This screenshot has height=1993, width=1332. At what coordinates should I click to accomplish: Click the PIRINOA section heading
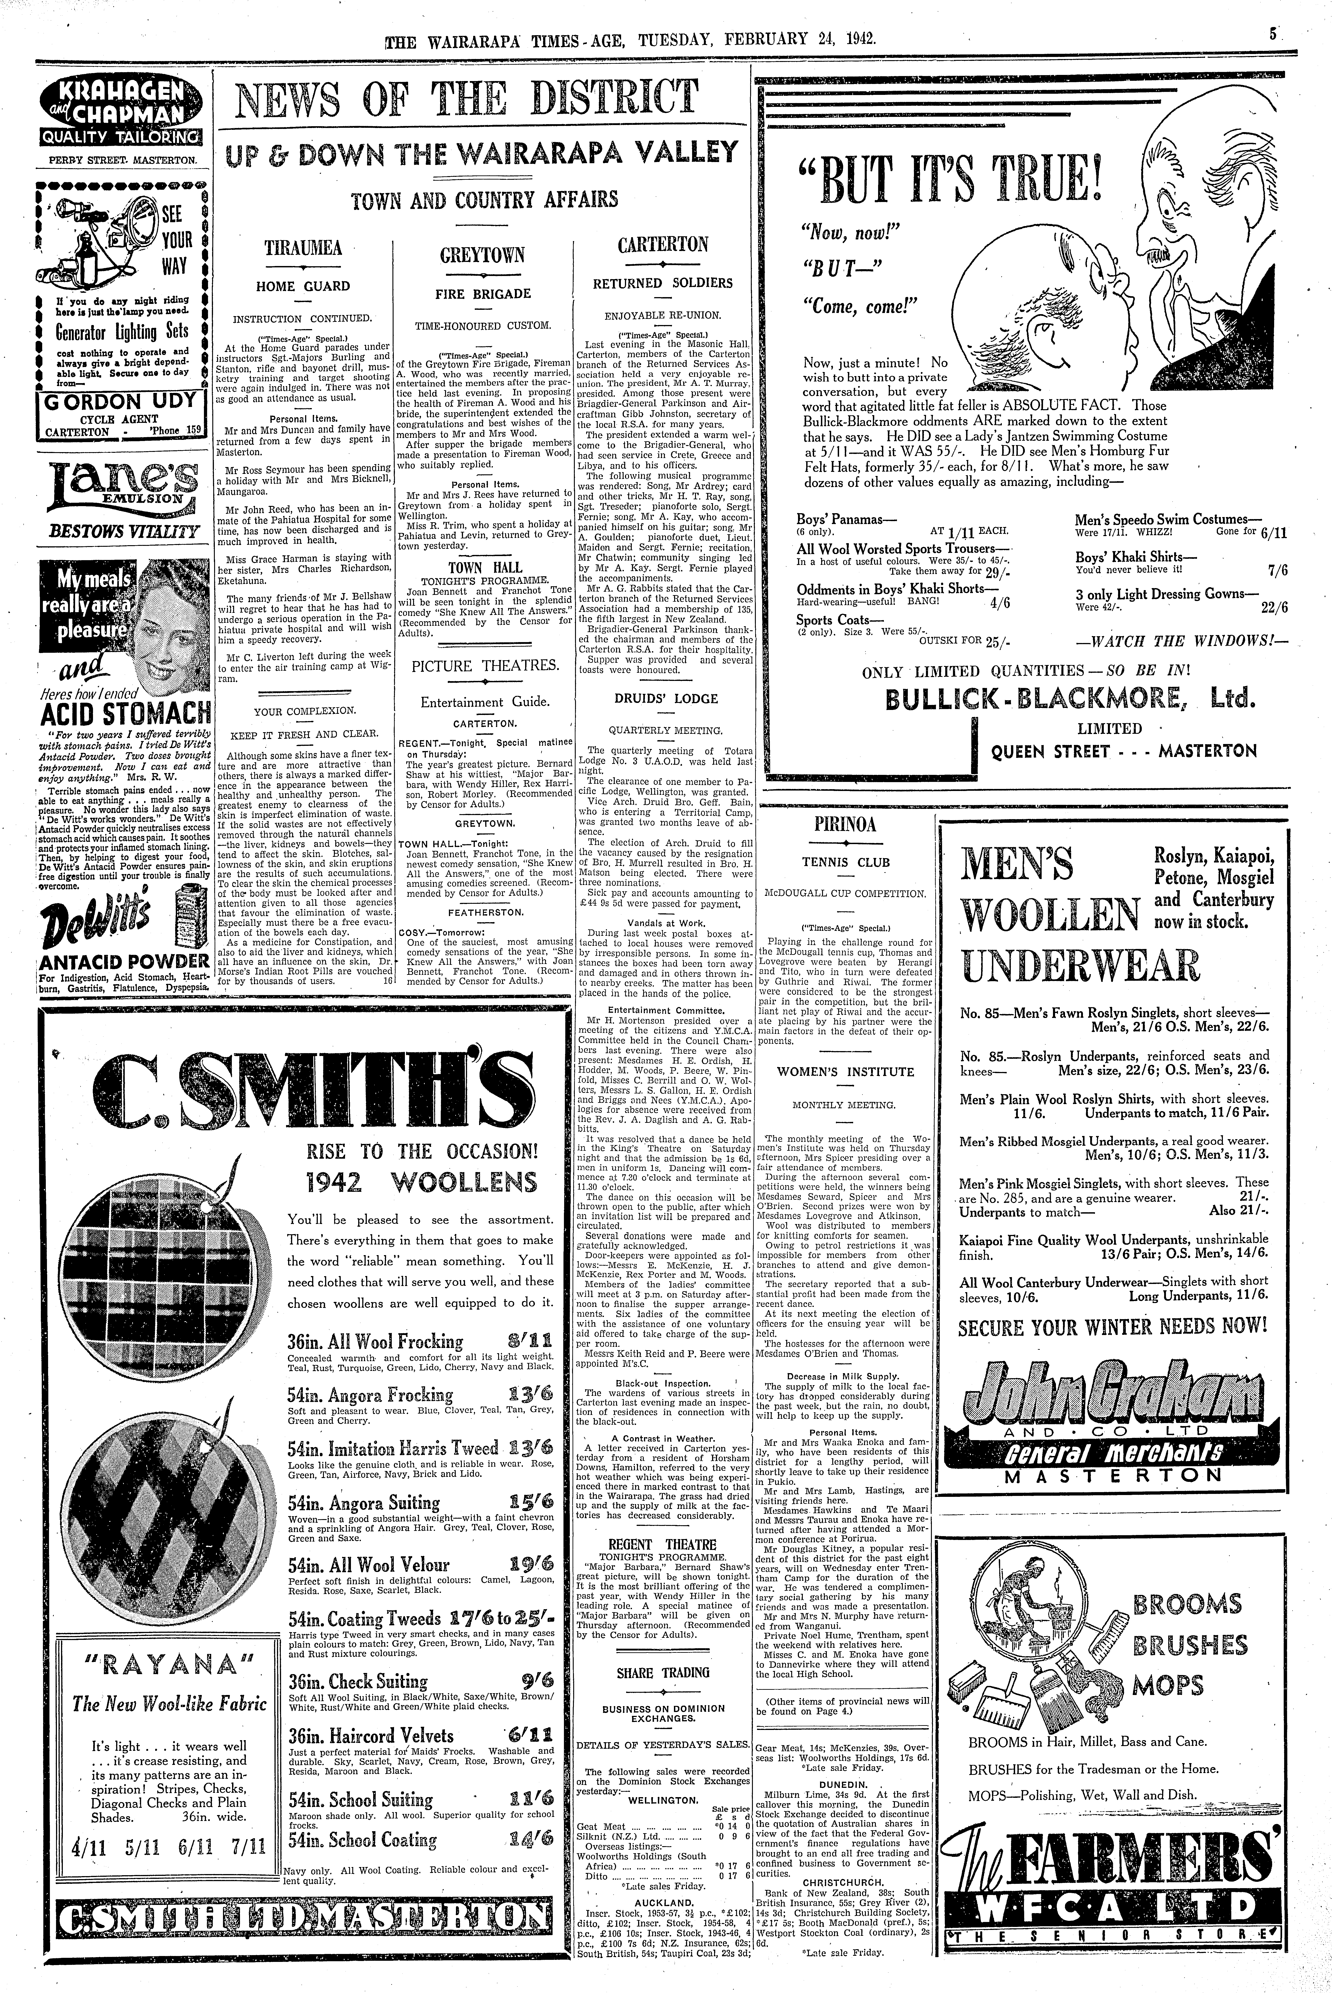(x=845, y=824)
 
